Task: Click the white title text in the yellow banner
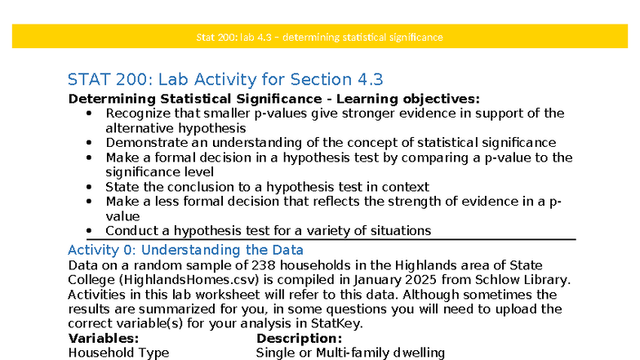click(319, 37)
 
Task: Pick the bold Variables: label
click(104, 339)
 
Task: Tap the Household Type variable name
click(118, 353)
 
